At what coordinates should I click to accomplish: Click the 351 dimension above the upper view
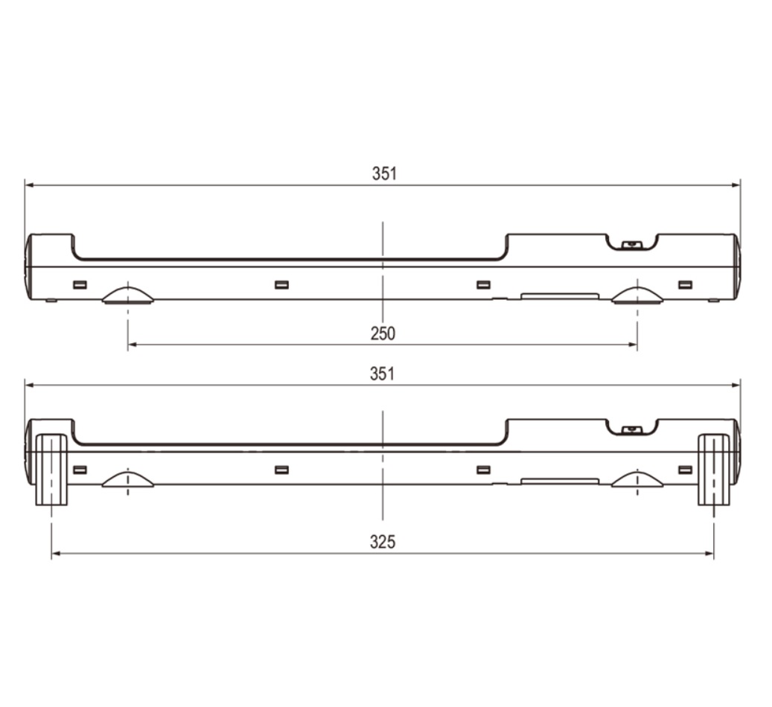point(384,174)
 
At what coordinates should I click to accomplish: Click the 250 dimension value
point(383,334)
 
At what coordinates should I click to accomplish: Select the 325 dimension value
point(383,542)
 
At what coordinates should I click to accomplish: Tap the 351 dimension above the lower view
point(383,374)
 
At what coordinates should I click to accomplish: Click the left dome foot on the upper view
point(128,295)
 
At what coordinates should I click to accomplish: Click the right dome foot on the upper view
point(637,295)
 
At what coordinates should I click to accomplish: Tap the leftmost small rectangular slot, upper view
point(80,284)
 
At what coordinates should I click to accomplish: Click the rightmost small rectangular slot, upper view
point(685,284)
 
